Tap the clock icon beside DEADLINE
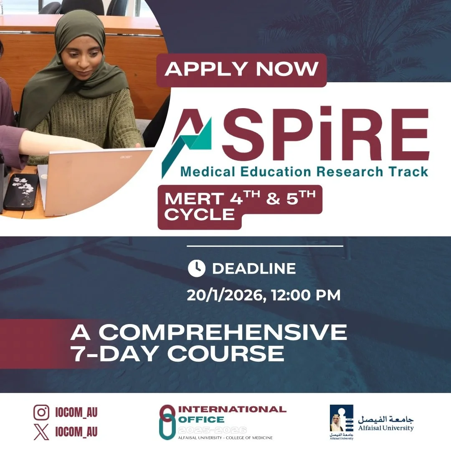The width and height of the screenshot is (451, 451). (197, 269)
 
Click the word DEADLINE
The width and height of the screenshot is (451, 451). (254, 269)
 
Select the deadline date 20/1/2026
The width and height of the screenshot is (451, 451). (225, 295)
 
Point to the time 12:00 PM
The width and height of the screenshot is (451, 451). (306, 295)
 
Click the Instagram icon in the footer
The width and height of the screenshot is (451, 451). (41, 413)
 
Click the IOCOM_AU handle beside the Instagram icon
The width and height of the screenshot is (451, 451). (76, 413)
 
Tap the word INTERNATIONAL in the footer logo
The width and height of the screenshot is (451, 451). (232, 409)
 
